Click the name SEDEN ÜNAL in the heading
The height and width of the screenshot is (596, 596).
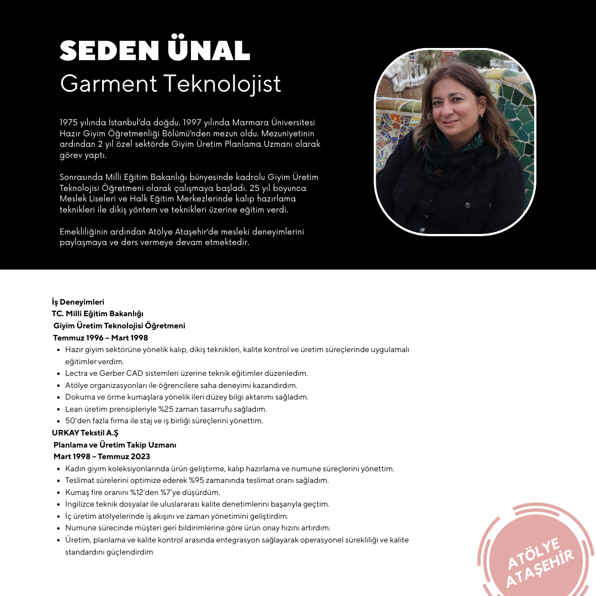[x=155, y=51]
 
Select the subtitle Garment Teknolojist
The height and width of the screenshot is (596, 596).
[x=171, y=83]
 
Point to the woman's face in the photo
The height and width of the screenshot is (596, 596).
[x=456, y=110]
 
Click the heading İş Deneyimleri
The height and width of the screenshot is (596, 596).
[x=78, y=302]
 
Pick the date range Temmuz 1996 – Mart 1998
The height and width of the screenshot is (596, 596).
[x=100, y=338]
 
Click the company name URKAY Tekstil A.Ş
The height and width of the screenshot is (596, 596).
[x=85, y=433]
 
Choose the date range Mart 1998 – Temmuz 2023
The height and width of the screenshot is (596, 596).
[x=102, y=456]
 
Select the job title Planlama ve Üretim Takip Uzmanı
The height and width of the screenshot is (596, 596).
[x=115, y=444]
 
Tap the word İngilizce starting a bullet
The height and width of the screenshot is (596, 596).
[x=82, y=504]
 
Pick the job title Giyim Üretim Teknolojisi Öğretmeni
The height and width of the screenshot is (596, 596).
[x=119, y=326]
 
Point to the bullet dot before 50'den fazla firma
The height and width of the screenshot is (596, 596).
[x=58, y=421]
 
